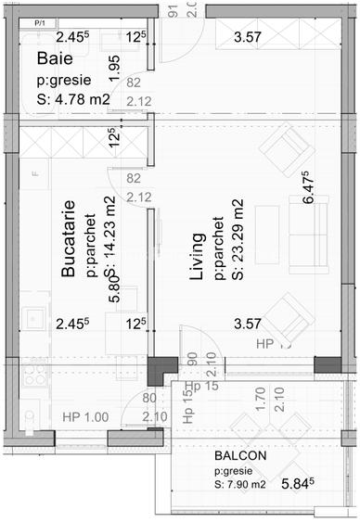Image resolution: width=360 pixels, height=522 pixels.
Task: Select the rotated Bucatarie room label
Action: tap(69, 238)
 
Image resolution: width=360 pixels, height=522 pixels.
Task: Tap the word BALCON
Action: tap(242, 456)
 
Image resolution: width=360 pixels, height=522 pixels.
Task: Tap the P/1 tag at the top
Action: tap(40, 20)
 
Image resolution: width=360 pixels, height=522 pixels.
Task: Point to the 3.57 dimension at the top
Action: tap(247, 38)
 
